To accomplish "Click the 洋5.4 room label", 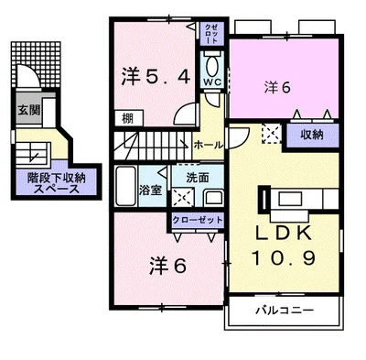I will [x=155, y=77].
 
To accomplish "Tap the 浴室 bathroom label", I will [x=150, y=191].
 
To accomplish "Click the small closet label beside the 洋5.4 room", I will [x=211, y=36].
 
